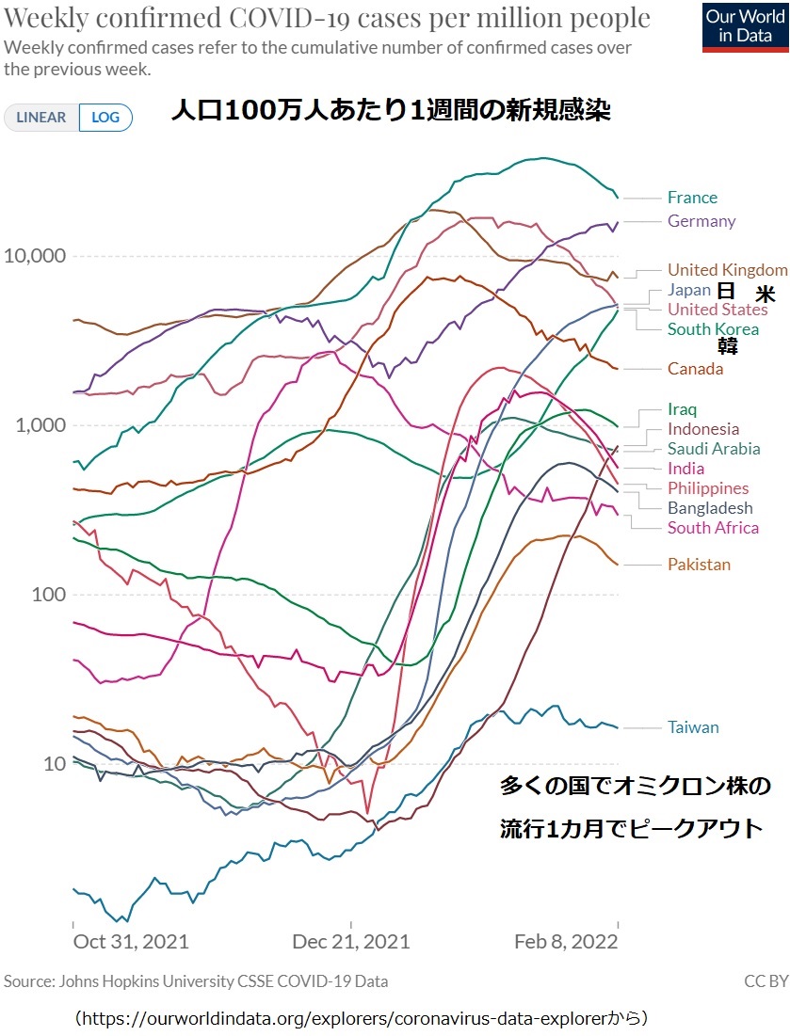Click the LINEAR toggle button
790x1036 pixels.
point(41,118)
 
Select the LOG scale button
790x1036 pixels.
point(105,118)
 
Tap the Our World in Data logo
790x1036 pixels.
point(745,26)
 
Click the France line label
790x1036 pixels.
point(692,198)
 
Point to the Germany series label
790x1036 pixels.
point(701,221)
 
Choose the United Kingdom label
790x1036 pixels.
point(727,270)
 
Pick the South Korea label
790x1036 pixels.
point(713,329)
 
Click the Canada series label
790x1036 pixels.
point(696,368)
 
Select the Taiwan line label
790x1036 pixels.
point(693,727)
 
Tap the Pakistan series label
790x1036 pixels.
point(699,565)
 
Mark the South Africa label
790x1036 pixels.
point(713,528)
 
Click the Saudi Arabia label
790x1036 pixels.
point(714,449)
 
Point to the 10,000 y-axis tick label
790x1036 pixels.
point(35,256)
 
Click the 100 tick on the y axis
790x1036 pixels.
point(47,595)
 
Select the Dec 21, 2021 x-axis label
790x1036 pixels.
point(350,942)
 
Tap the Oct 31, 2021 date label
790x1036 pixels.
point(131,942)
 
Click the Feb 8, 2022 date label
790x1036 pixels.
point(565,942)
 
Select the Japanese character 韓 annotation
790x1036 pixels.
point(728,347)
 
